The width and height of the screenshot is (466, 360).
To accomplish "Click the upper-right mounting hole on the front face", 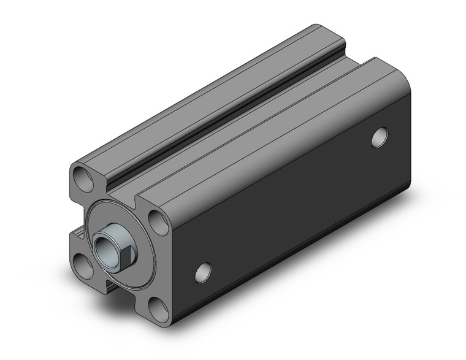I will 158,222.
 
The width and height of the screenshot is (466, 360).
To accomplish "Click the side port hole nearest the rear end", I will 380,137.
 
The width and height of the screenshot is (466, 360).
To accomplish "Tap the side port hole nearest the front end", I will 204,272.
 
